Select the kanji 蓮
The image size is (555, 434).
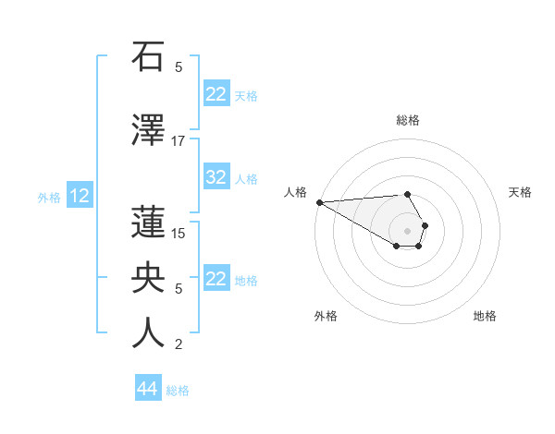coord(148,222)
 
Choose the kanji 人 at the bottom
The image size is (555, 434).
coord(148,332)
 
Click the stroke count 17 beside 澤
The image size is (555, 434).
coord(179,141)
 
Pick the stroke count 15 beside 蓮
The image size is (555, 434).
coord(179,233)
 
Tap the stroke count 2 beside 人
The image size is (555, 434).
coord(179,344)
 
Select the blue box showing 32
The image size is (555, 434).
coord(216,178)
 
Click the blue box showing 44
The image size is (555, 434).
coord(147,389)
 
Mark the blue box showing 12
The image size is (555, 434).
coord(79,196)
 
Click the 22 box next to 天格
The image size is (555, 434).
coord(216,94)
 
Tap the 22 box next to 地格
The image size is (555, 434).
coord(216,279)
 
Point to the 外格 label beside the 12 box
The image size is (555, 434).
coord(49,197)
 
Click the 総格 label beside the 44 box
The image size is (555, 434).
coord(178,391)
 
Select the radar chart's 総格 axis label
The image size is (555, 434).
coord(408,120)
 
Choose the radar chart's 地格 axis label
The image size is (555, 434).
coord(485,316)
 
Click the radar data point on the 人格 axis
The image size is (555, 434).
coord(318,202)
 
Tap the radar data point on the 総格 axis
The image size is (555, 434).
coord(408,194)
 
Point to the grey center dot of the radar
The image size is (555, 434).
coord(408,230)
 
